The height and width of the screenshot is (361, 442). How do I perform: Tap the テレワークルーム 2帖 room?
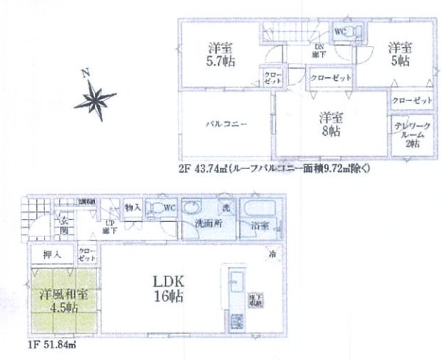pos(406,135)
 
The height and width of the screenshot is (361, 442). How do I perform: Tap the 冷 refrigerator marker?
pos(271,257)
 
